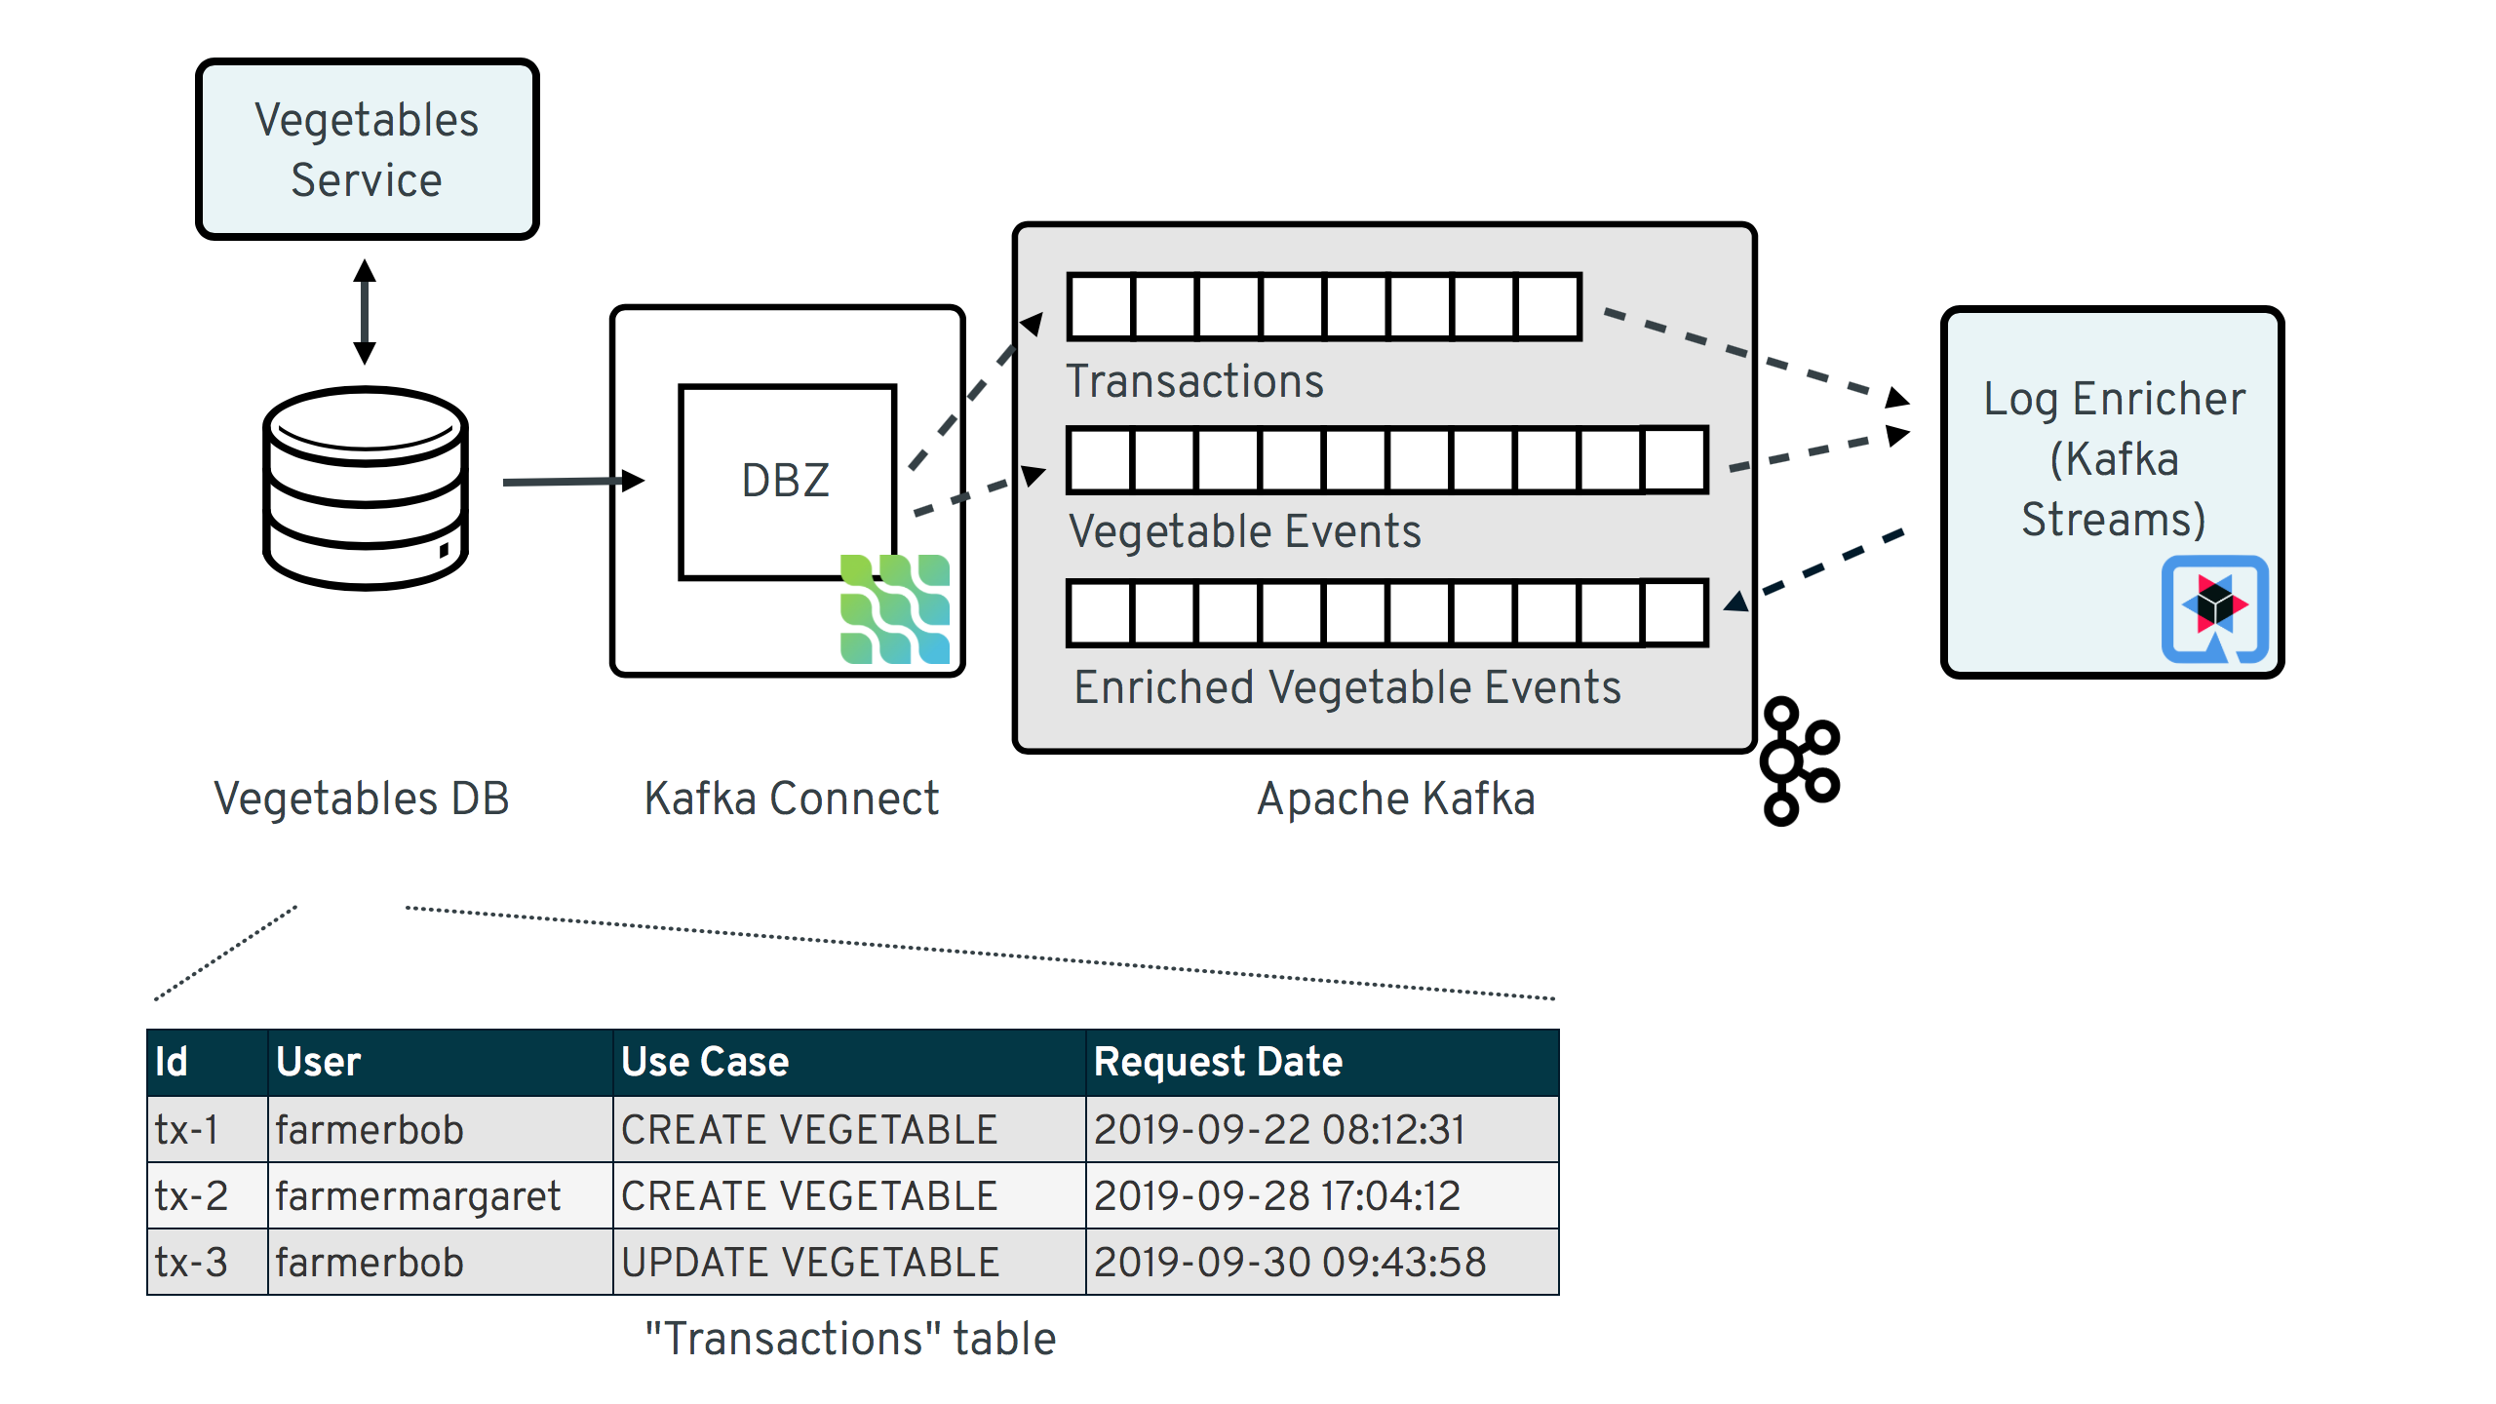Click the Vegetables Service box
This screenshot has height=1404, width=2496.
point(367,149)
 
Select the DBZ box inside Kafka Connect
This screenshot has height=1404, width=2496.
point(786,480)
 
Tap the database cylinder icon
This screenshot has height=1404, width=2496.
point(366,487)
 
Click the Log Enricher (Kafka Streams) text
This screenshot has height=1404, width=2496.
point(2113,458)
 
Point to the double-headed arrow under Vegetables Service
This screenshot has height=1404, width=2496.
point(365,311)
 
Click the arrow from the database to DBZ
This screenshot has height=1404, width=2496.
point(573,481)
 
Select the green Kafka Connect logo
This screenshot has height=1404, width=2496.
point(894,609)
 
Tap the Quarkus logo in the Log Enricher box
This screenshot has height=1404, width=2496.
point(2214,608)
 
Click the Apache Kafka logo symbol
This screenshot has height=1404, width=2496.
point(1798,760)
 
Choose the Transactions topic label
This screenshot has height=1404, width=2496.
point(1194,380)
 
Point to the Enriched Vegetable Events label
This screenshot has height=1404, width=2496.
point(1346,687)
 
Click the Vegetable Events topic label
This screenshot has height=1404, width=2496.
point(1244,531)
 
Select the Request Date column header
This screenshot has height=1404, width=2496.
point(1218,1062)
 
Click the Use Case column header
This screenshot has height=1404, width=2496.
point(705,1062)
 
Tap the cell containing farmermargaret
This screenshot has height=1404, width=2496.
point(418,1195)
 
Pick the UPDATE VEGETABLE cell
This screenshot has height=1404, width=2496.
point(809,1262)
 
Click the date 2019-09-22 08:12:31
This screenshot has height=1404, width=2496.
point(1278,1129)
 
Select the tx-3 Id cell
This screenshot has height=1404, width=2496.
point(191,1262)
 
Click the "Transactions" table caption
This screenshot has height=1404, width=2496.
point(850,1339)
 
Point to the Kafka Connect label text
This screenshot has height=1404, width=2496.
point(791,799)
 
